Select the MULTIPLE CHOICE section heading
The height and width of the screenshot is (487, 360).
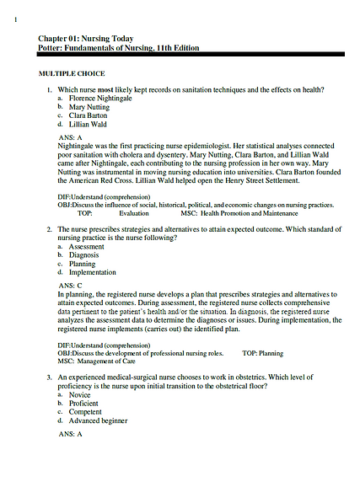pos(76,74)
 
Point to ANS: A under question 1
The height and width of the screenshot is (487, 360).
pos(71,136)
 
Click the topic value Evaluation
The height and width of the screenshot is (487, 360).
pos(134,214)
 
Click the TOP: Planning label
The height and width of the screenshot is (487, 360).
pos(262,353)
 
